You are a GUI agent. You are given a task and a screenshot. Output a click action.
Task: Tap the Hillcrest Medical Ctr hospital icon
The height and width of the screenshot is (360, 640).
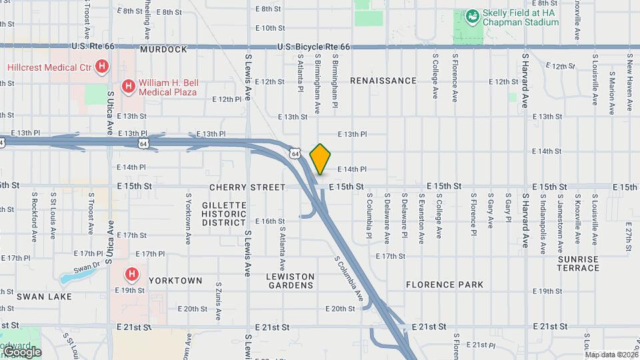point(102,66)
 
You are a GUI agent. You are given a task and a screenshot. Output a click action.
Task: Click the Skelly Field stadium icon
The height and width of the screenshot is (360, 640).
point(472,15)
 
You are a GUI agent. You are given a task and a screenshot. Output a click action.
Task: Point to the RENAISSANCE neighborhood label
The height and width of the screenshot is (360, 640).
point(383,81)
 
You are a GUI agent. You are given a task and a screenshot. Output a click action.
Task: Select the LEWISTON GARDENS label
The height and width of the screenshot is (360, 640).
point(290,281)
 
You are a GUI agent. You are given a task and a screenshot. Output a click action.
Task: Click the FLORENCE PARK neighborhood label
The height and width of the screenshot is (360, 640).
point(445,285)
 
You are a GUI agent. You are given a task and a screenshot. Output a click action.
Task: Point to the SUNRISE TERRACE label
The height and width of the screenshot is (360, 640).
point(579,263)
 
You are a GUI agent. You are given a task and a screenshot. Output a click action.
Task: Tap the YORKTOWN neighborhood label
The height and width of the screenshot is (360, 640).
point(175,281)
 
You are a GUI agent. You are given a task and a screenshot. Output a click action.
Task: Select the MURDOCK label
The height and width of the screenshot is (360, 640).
point(163,49)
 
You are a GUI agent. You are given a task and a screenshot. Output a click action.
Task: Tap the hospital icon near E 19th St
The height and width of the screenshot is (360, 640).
point(132,273)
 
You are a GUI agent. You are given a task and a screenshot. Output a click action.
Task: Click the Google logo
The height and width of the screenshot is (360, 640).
point(21,352)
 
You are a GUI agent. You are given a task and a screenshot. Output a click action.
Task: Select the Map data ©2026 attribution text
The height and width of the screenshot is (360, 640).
point(611,355)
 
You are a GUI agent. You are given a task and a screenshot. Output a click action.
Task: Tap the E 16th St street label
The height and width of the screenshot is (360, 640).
point(270,221)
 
